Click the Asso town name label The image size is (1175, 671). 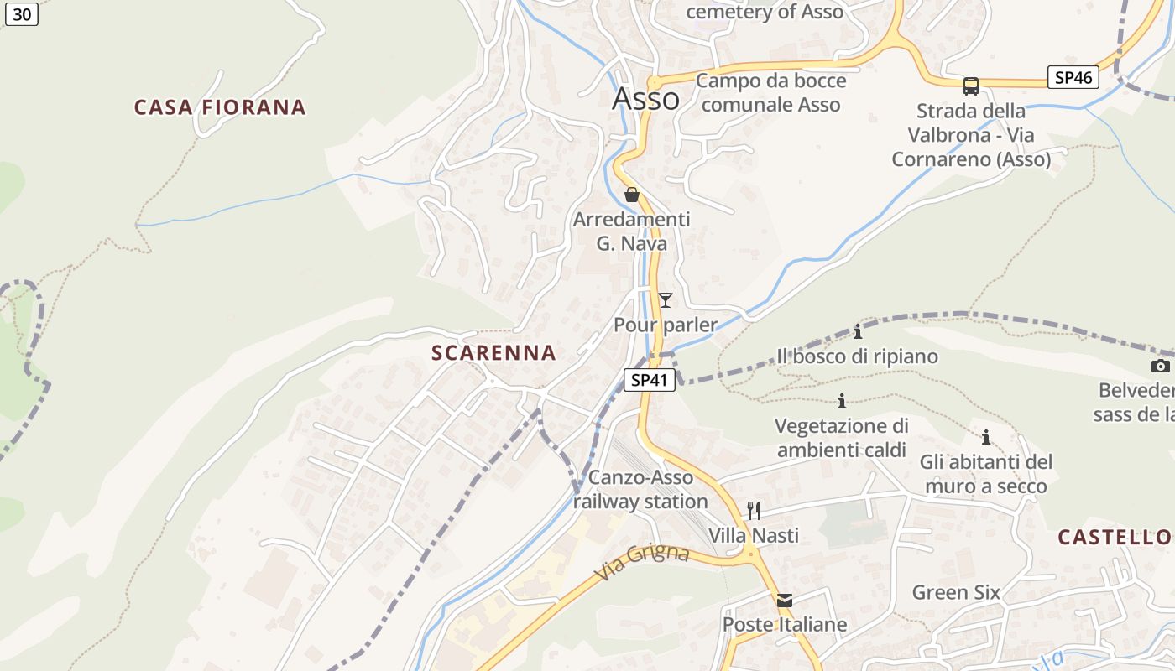point(645,99)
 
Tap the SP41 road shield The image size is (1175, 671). point(650,380)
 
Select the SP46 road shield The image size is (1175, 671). point(1073,78)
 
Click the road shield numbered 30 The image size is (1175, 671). point(21,14)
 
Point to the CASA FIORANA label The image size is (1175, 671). point(220,107)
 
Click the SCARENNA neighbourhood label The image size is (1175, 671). point(493,353)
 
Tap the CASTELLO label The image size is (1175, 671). point(1114,538)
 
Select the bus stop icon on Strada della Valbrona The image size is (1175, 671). point(971,86)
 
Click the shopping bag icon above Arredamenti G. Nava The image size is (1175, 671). point(632,195)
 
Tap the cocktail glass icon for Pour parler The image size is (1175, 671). point(666,299)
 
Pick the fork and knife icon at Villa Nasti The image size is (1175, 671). point(754,510)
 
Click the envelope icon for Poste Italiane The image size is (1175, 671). point(785,601)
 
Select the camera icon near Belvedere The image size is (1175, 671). point(1161,366)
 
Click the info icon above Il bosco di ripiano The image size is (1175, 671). point(858,331)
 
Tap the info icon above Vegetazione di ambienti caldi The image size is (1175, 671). point(842,401)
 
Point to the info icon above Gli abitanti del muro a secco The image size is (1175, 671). point(986,437)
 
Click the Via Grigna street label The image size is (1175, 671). point(643,563)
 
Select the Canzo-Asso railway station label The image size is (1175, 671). point(641,490)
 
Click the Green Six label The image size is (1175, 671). point(956,592)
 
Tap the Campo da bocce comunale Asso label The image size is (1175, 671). point(770,92)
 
